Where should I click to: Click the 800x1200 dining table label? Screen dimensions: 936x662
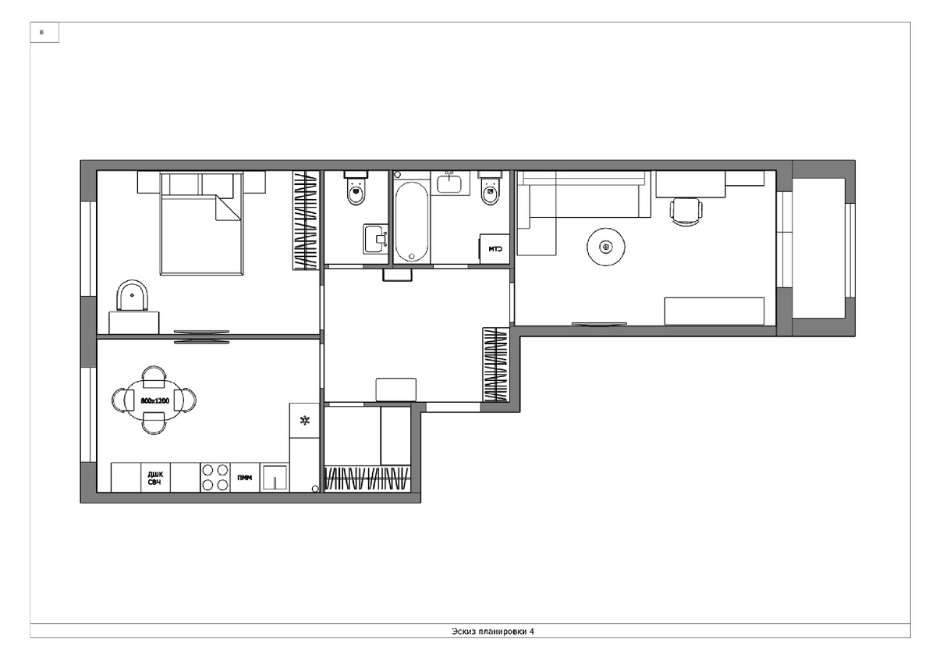154,400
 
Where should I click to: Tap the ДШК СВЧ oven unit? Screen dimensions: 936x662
155,477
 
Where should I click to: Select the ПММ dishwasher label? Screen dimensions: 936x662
244,478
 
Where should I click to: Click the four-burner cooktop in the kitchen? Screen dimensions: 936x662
215,477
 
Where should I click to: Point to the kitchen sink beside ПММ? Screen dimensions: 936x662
275,478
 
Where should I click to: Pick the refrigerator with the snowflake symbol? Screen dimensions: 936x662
305,420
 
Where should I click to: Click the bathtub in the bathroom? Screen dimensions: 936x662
412,221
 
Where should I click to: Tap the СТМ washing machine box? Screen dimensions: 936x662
495,249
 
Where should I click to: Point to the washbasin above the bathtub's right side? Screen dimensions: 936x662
449,183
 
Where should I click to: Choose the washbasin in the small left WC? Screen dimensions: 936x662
376,239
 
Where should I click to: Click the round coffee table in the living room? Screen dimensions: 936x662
606,247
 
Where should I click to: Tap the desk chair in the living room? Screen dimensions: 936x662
686,212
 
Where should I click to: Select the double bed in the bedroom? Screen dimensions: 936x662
201,223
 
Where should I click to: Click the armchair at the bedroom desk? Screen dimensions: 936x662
132,295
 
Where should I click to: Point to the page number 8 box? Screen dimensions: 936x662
44,32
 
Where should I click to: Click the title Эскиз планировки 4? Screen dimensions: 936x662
493,632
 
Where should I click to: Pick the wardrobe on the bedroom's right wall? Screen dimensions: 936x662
306,220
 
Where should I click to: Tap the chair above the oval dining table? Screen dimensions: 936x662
154,377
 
